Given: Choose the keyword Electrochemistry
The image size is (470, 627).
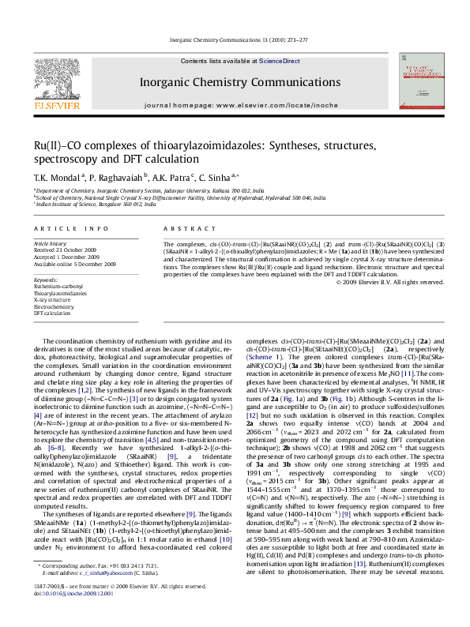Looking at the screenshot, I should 55,307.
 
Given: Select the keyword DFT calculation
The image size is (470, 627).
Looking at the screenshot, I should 52,313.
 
